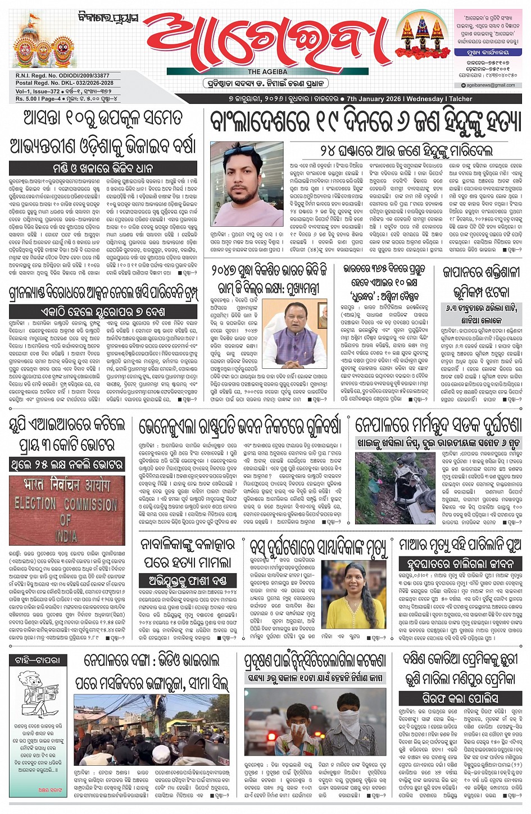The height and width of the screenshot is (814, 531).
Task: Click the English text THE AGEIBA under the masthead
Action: pyautogui.click(x=267, y=72)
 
